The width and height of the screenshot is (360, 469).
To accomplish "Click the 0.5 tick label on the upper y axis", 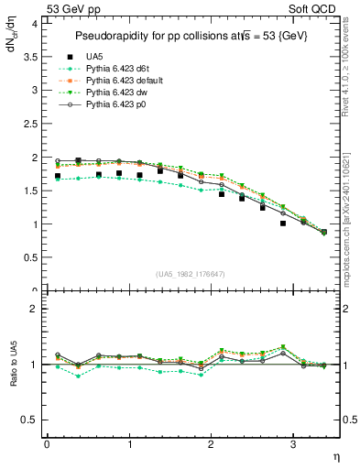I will (32, 257).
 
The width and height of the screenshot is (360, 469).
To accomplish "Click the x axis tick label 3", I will (292, 444).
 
